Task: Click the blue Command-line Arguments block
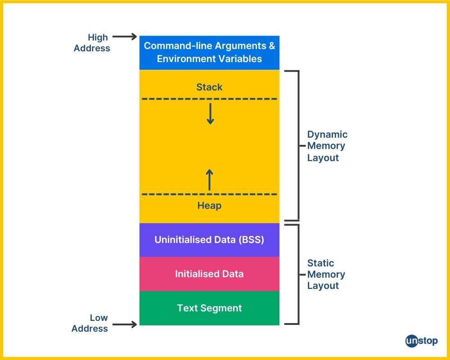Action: [x=209, y=52]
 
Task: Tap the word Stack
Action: [x=209, y=87]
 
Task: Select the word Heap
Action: [x=209, y=206]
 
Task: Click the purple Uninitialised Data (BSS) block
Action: [x=209, y=239]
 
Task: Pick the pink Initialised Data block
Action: [x=209, y=274]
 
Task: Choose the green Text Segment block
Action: [x=209, y=308]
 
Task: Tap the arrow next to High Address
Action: [x=124, y=36]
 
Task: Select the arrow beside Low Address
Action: [x=124, y=324]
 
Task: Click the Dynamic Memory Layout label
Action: [x=327, y=146]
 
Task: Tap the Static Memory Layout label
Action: [x=326, y=274]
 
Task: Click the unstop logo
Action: [x=421, y=341]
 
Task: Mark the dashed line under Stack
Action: [x=209, y=99]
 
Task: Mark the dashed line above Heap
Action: [x=209, y=194]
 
